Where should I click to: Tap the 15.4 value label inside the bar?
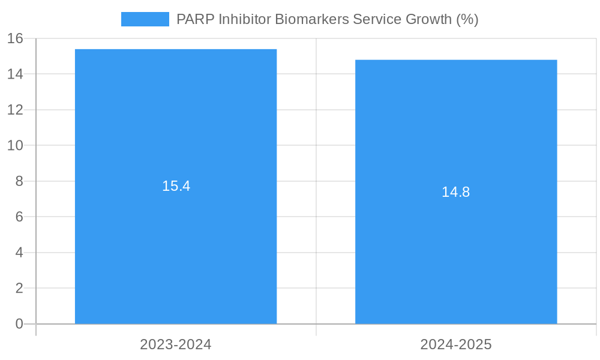pyautogui.click(x=176, y=186)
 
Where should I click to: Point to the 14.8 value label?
pyautogui.click(x=455, y=192)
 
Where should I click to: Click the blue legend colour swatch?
pyautogui.click(x=145, y=19)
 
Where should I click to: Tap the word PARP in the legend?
pyautogui.click(x=195, y=19)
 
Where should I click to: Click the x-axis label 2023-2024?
pyautogui.click(x=176, y=344)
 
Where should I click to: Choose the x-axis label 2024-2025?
pyautogui.click(x=456, y=344)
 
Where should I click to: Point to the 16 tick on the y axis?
pyautogui.click(x=15, y=39)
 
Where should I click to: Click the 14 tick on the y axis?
pyautogui.click(x=15, y=74)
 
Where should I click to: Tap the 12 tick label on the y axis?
pyautogui.click(x=15, y=110)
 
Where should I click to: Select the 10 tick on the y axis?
pyautogui.click(x=15, y=146)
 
